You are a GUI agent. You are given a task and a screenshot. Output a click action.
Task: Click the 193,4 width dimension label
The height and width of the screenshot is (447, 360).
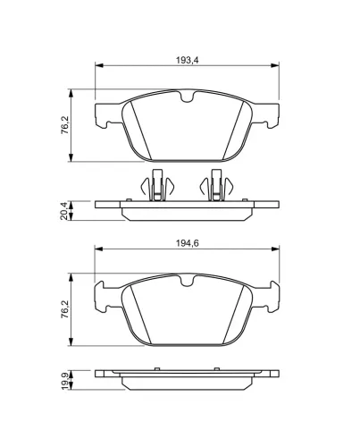187,60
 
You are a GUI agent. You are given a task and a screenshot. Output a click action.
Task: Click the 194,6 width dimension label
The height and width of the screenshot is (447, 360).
187,243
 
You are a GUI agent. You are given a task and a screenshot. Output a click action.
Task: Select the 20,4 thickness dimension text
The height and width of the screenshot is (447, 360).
63,210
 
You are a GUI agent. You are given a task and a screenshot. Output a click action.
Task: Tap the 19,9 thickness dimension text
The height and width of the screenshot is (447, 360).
63,380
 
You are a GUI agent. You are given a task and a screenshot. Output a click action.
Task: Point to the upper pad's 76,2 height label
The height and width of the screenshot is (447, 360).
64,125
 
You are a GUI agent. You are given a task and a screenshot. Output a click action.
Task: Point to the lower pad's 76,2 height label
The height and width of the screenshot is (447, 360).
64,309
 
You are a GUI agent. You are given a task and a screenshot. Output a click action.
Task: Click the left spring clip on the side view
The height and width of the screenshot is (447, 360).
157,185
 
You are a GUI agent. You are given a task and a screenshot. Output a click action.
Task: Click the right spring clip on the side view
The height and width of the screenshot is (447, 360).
216,185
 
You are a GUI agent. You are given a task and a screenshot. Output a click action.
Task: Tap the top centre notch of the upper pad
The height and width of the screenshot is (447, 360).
187,97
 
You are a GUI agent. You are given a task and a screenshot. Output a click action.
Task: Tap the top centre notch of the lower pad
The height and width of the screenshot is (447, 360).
187,281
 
